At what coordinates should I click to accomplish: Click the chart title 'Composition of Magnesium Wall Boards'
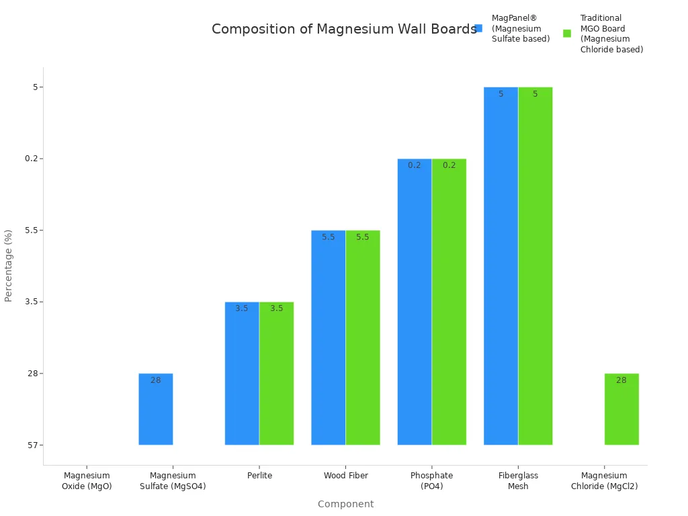[x=344, y=30]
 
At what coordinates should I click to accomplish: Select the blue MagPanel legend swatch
[x=478, y=28]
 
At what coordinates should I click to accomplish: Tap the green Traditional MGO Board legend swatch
[x=567, y=34]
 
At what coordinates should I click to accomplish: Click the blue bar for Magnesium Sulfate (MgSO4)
[x=156, y=409]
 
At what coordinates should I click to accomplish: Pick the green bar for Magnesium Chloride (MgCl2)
[x=621, y=409]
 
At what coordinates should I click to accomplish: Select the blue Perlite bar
[x=242, y=374]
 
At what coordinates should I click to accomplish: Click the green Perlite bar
[x=277, y=374]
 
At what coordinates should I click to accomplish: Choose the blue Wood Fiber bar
[x=328, y=337]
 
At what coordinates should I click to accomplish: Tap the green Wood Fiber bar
[x=363, y=337]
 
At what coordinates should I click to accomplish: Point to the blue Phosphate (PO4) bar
[x=415, y=302]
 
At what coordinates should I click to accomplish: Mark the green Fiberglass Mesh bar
[x=535, y=266]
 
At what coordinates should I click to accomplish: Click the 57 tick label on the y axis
[x=31, y=445]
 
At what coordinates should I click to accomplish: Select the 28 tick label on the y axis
[x=31, y=374]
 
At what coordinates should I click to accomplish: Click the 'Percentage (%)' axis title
[x=9, y=265]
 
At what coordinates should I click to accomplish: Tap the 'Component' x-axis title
[x=345, y=504]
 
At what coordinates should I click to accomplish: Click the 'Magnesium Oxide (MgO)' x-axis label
[x=87, y=481]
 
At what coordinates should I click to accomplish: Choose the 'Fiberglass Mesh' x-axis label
[x=518, y=481]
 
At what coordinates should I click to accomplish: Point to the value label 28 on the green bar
[x=621, y=380]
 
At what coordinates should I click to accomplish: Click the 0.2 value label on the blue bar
[x=415, y=165]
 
